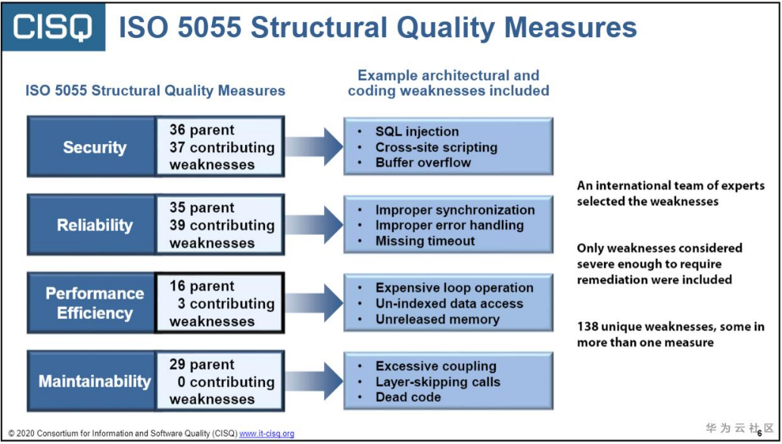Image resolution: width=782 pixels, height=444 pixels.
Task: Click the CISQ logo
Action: click(x=53, y=27)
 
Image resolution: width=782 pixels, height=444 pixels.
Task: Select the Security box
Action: click(x=94, y=147)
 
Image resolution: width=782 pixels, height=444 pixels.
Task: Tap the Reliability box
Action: click(x=94, y=225)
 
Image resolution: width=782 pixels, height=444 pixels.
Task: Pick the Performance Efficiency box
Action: click(x=94, y=303)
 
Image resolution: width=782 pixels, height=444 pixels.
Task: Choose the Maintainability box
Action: click(x=94, y=381)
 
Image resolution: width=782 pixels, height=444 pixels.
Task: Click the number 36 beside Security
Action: click(x=178, y=130)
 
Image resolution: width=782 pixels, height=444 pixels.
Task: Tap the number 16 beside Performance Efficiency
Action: click(x=178, y=286)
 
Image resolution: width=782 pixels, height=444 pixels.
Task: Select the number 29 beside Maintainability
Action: click(x=178, y=364)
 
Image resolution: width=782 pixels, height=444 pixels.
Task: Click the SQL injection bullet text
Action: click(x=416, y=132)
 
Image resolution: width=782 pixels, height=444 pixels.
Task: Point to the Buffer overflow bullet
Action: click(x=422, y=162)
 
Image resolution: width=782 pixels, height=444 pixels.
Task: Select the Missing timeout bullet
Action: click(x=425, y=241)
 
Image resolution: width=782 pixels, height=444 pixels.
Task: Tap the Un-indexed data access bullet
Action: click(x=449, y=303)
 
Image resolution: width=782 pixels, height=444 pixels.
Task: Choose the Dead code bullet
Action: click(x=407, y=397)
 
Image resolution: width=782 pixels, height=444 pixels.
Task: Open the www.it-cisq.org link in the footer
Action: click(x=266, y=434)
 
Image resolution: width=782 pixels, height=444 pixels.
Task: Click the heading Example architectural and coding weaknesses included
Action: click(x=448, y=83)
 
